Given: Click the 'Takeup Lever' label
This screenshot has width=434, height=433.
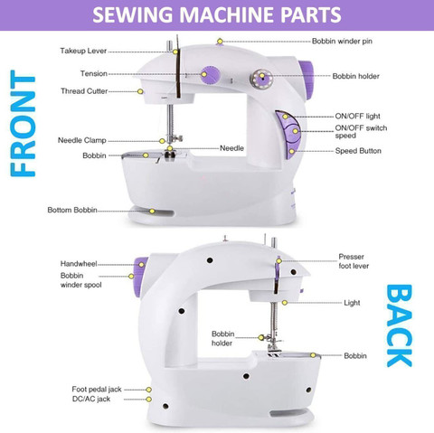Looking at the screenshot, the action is pyautogui.click(x=83, y=51).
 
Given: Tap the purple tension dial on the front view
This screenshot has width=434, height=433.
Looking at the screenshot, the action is pyautogui.click(x=210, y=75).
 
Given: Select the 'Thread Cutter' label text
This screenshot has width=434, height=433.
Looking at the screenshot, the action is pyautogui.click(x=84, y=91).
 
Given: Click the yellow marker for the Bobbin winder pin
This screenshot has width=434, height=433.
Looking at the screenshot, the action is pyautogui.click(x=220, y=41).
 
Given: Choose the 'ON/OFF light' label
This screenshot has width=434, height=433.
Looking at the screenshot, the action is pyautogui.click(x=357, y=116).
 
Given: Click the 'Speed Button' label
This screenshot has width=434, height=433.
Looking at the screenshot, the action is pyautogui.click(x=358, y=151).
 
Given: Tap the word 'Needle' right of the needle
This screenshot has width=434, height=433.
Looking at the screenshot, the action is pyautogui.click(x=231, y=148).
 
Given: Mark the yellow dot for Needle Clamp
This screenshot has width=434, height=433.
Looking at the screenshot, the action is pyautogui.click(x=162, y=141).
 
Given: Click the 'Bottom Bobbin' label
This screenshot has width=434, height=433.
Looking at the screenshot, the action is pyautogui.click(x=72, y=210).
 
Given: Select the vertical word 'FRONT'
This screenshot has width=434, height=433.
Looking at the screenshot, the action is pyautogui.click(x=23, y=123).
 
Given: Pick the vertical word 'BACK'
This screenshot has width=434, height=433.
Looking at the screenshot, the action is pyautogui.click(x=399, y=325).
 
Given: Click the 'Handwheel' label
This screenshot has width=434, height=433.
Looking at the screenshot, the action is pyautogui.click(x=79, y=264).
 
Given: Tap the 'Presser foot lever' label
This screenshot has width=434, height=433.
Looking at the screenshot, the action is pyautogui.click(x=354, y=261).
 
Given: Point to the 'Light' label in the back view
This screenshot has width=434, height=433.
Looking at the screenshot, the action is pyautogui.click(x=352, y=303).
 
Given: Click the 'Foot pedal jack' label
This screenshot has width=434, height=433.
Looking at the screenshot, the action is pyautogui.click(x=97, y=390).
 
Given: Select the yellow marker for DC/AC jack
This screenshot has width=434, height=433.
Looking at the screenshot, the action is pyautogui.click(x=148, y=400).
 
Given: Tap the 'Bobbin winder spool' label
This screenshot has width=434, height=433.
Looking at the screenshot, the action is pyautogui.click(x=80, y=280).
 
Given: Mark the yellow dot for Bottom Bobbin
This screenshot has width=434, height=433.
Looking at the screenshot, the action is pyautogui.click(x=152, y=212).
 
